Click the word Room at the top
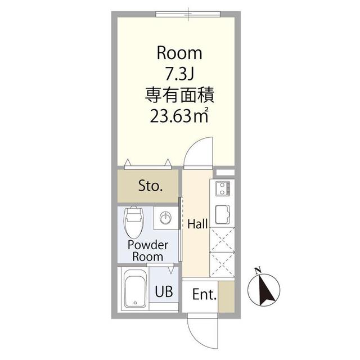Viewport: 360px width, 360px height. click(179, 53)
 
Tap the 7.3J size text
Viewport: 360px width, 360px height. click(179, 74)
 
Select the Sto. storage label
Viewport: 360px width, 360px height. click(150, 186)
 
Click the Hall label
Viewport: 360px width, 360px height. click(198, 224)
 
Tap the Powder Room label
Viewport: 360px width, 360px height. click(147, 251)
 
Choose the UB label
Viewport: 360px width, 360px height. click(164, 292)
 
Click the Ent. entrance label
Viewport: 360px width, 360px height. click(204, 294)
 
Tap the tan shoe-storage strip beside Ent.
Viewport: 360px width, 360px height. click(226, 294)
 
